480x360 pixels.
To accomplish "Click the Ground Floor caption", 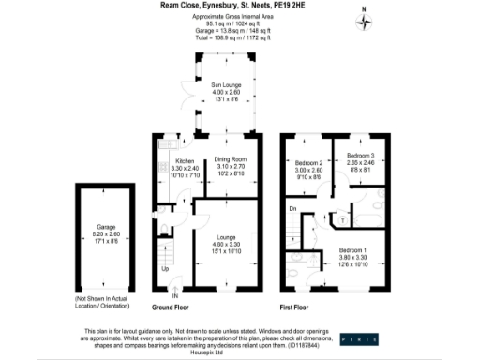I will (x=173, y=307).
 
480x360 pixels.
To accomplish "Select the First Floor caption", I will (x=293, y=307).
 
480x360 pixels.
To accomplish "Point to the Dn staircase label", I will (x=292, y=208).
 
